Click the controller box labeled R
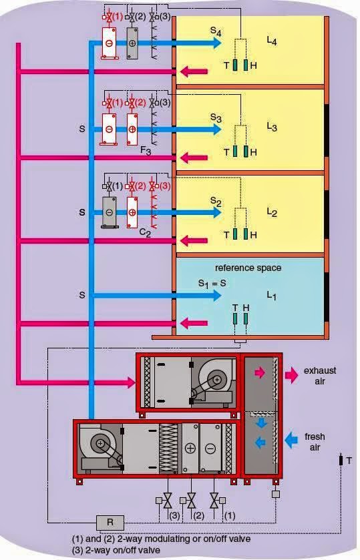[x=110, y=523]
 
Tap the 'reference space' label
[x=248, y=268]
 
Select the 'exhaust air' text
[x=320, y=376]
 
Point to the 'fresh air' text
[x=315, y=442]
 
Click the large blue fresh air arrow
[x=291, y=440]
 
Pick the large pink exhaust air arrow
[x=292, y=375]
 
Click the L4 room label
[x=272, y=41]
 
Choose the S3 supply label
[x=216, y=117]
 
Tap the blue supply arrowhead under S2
[x=216, y=212]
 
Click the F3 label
[x=146, y=150]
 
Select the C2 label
[x=145, y=233]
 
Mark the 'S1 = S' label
[x=212, y=284]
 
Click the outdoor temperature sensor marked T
[x=341, y=460]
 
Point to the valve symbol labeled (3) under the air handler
[x=167, y=501]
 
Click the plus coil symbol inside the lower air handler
[x=190, y=449]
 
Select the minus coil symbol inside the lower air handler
[x=210, y=449]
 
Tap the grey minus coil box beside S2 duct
[x=110, y=212]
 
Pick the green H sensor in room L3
[x=246, y=151]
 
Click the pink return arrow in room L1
[x=194, y=324]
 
